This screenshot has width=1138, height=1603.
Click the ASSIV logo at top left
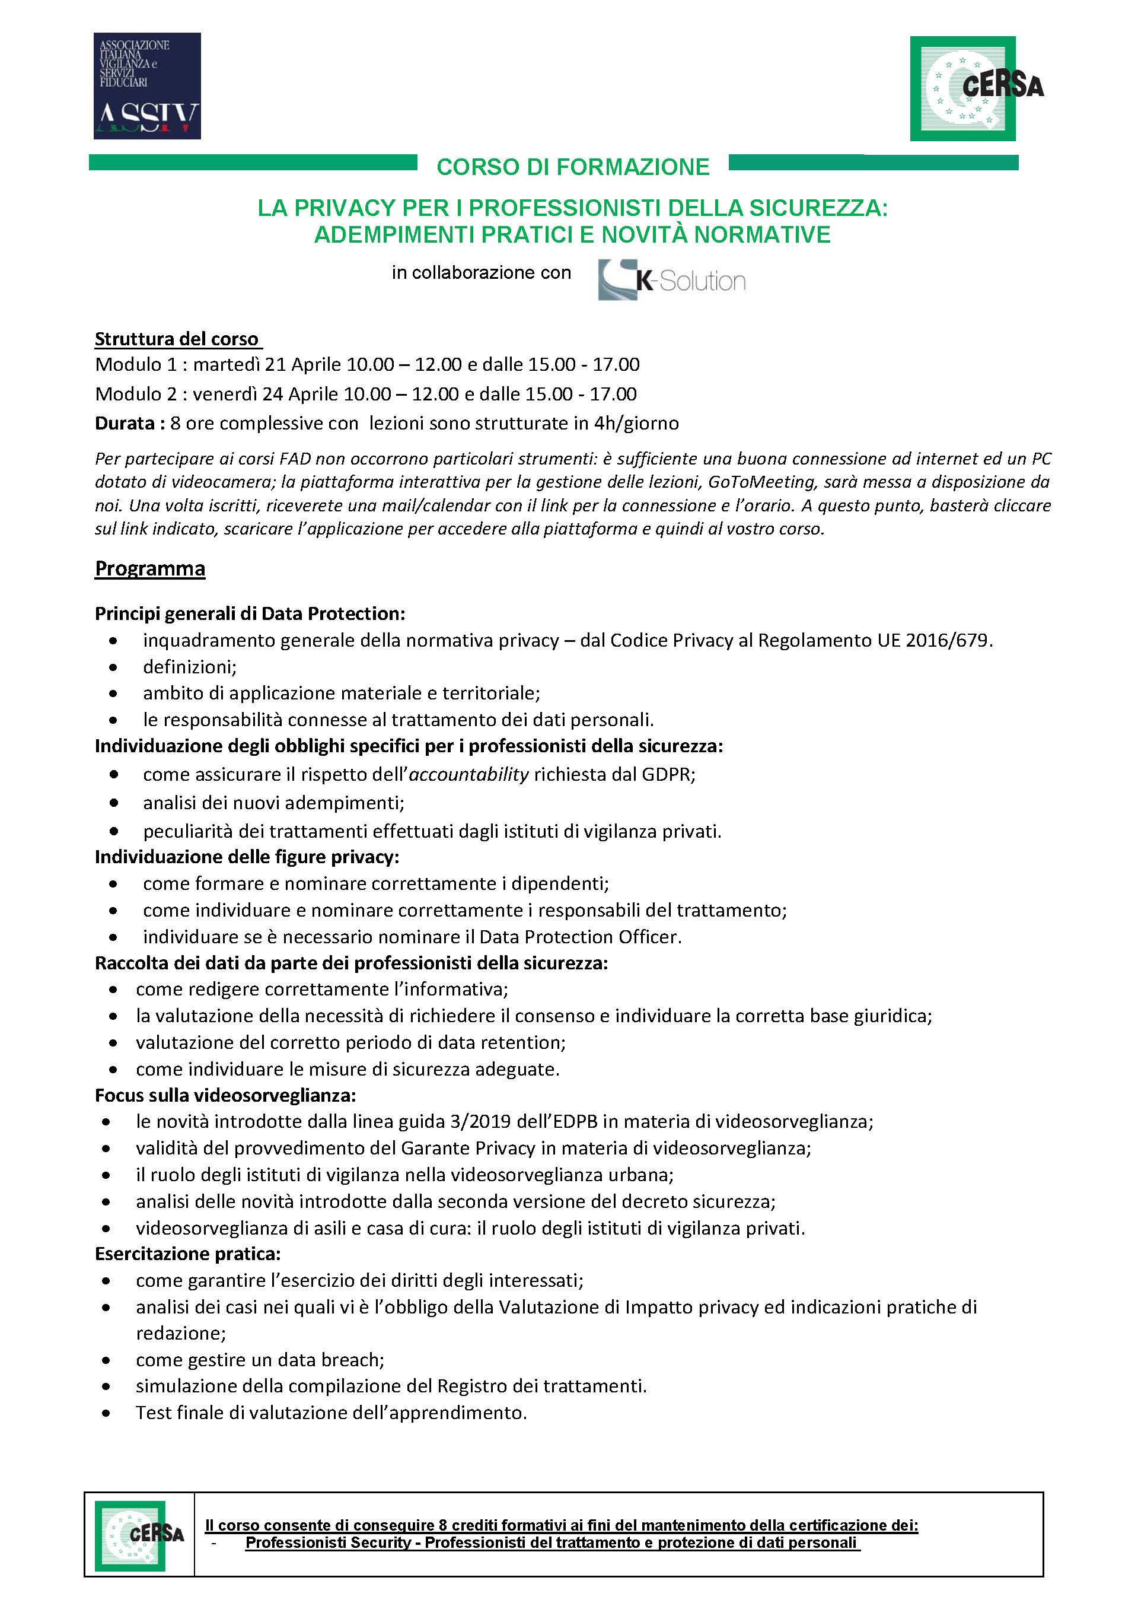pyautogui.click(x=147, y=85)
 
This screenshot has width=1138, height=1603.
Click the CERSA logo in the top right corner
pyautogui.click(x=975, y=88)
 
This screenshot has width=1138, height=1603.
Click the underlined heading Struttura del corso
pyautogui.click(x=177, y=339)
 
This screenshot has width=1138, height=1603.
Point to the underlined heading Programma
pyautogui.click(x=150, y=568)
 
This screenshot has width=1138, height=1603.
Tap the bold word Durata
pyautogui.click(x=125, y=424)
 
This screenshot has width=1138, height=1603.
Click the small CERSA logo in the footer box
pyautogui.click(x=139, y=1535)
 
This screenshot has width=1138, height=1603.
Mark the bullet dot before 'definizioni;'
pyautogui.click(x=113, y=667)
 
